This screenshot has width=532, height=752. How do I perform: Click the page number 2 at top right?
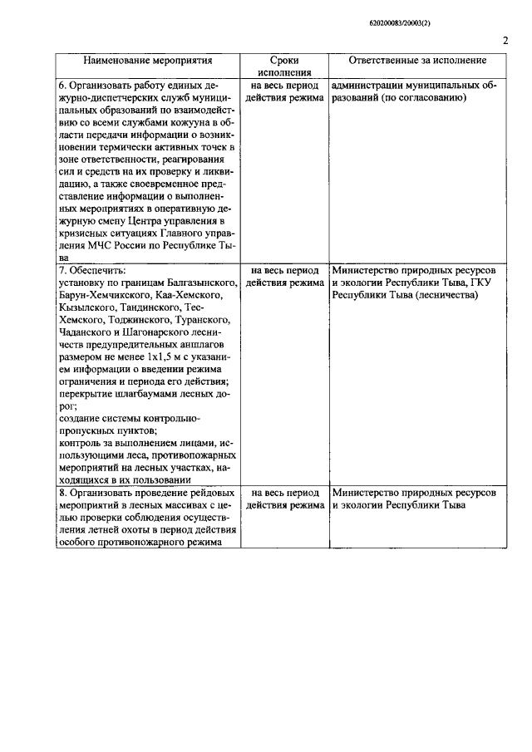pos(505,41)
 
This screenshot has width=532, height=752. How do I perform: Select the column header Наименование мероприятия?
pos(147,61)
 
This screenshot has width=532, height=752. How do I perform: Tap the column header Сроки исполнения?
pos(284,66)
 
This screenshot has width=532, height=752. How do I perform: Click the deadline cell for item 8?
pos(284,499)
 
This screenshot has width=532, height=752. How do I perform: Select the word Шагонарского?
pos(152,332)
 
